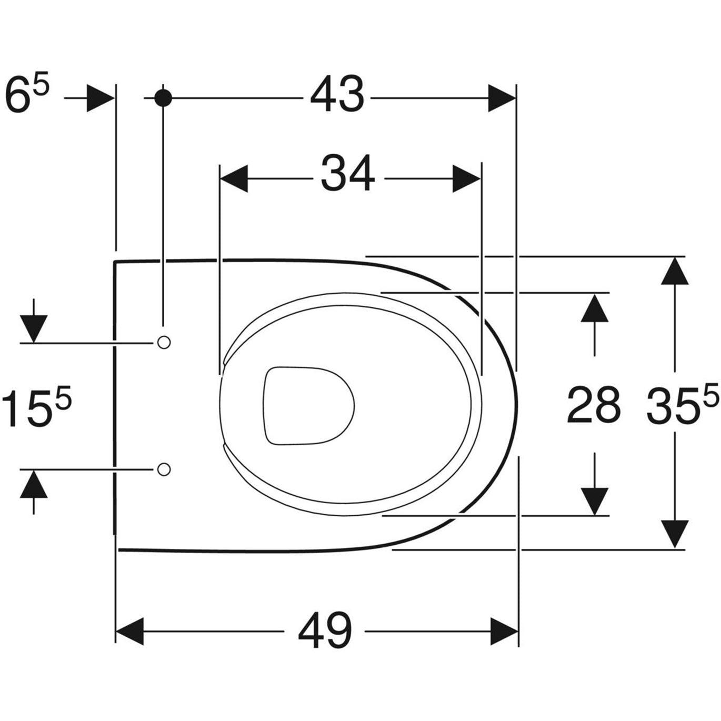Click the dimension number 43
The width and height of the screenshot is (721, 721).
click(337, 95)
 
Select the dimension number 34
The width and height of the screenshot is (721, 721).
click(348, 174)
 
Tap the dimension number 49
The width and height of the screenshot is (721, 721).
click(325, 630)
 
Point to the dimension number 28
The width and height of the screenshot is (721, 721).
click(594, 405)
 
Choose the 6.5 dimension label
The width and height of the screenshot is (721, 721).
click(26, 95)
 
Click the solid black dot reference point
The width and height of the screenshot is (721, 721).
click(163, 98)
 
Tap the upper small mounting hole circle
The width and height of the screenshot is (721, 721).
click(164, 343)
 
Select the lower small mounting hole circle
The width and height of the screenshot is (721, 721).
click(164, 468)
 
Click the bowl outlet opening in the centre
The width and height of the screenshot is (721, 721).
click(308, 405)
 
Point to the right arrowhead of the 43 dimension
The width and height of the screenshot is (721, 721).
click(502, 98)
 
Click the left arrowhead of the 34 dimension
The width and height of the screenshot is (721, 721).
click(234, 179)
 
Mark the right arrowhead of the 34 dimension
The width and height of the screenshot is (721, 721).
click(466, 179)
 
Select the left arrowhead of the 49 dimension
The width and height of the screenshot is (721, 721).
click(129, 631)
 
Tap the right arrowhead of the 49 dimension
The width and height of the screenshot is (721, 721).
click(504, 631)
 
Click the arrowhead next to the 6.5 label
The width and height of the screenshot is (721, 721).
click(100, 98)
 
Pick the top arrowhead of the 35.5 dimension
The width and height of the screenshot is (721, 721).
click(675, 271)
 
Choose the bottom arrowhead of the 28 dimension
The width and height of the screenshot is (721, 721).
click(595, 501)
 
